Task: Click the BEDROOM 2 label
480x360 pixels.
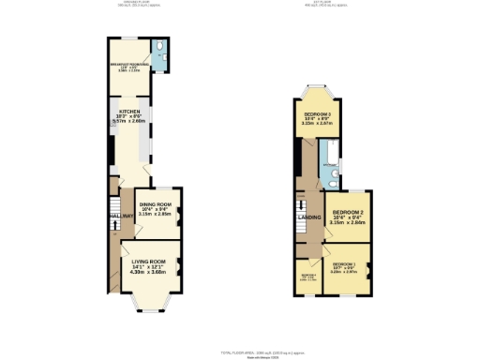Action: click(x=348, y=213)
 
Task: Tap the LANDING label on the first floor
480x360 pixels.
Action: click(x=307, y=218)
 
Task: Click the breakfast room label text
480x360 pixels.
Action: click(x=128, y=65)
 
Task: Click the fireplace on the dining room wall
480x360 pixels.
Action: click(x=180, y=212)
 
